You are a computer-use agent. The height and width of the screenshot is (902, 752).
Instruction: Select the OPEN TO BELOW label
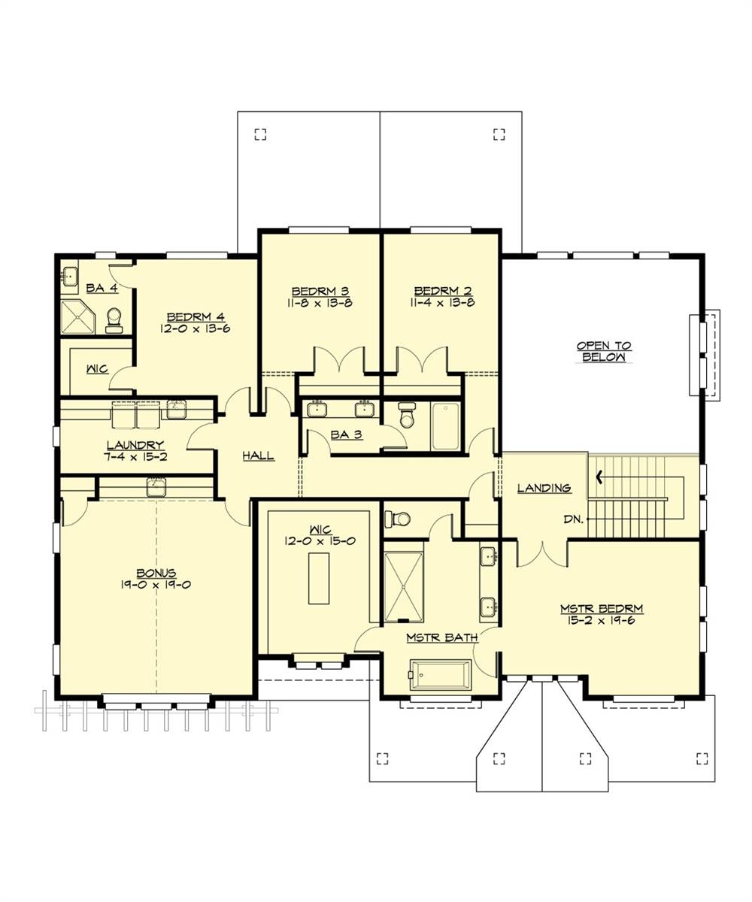pyautogui.click(x=604, y=352)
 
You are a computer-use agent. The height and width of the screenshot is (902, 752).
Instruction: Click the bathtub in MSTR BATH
pyautogui.click(x=441, y=674)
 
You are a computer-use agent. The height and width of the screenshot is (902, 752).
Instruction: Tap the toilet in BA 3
pyautogui.click(x=408, y=414)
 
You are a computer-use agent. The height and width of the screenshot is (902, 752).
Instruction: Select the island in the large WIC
pyautogui.click(x=318, y=578)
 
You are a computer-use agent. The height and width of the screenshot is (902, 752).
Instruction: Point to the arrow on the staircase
pyautogui.click(x=599, y=475)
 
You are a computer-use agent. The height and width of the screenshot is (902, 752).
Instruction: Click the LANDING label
pyautogui.click(x=544, y=488)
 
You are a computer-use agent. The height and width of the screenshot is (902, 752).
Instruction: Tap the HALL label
pyautogui.click(x=258, y=456)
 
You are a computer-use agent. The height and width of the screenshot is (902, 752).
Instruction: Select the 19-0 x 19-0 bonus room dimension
pyautogui.click(x=156, y=584)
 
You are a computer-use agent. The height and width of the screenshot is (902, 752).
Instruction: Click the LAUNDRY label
pyautogui.click(x=135, y=445)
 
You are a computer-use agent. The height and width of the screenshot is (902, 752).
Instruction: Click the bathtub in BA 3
pyautogui.click(x=445, y=426)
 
